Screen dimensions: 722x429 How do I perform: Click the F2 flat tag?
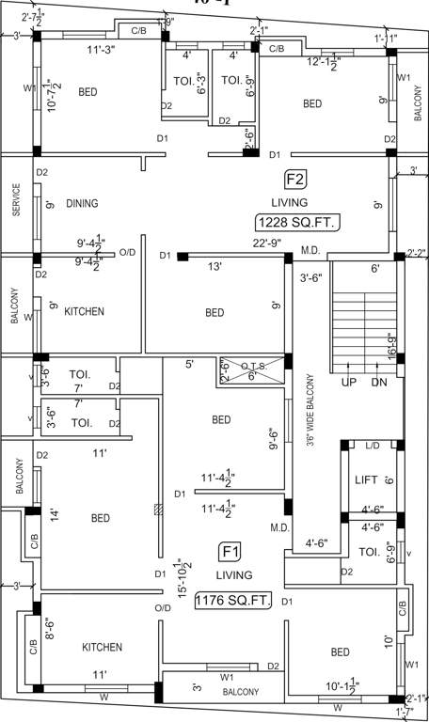pos(294,179)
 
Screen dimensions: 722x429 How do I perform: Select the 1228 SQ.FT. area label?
pos(296,223)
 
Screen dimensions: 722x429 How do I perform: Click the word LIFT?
pos(366,480)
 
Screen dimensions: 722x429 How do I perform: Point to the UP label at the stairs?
pos(347,384)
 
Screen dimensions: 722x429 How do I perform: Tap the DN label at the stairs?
pos(379,384)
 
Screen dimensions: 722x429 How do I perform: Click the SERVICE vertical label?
pos(16,200)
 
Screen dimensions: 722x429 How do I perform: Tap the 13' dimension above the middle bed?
pos(214,267)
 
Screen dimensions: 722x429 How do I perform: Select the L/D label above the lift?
pos(371,445)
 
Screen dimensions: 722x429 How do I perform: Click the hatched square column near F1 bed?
pos(157,510)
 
